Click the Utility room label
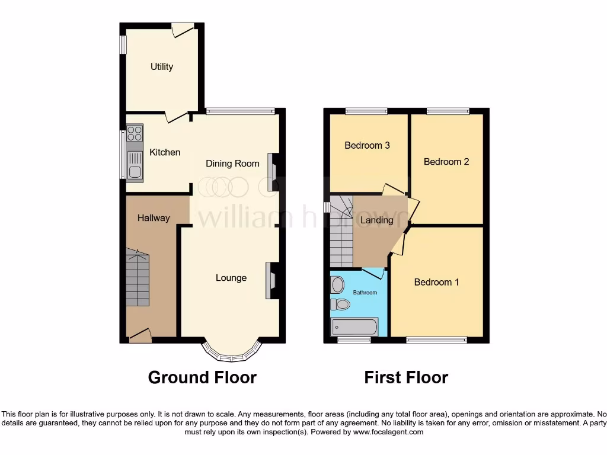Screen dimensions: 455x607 [x=161, y=66]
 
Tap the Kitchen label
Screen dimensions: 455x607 [x=164, y=152]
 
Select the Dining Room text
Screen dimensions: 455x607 [x=232, y=164]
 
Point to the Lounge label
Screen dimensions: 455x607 [x=231, y=278]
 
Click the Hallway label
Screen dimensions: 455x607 [x=154, y=218]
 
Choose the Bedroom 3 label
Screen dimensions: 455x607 [x=367, y=145]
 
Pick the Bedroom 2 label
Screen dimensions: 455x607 [x=446, y=162]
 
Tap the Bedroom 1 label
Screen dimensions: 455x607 [x=436, y=282]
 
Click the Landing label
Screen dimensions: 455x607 [x=377, y=220]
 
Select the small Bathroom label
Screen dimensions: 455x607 [x=365, y=293]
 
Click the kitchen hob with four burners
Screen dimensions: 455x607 [x=135, y=133]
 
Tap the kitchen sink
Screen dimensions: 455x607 [x=135, y=165]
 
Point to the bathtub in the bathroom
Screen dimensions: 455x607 [x=354, y=327]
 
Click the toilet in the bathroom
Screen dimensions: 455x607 [x=340, y=305]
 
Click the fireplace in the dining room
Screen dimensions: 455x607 [x=274, y=172]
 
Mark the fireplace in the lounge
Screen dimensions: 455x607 [x=273, y=280]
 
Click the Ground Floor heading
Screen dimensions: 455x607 [x=202, y=377]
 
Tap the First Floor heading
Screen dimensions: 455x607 [x=406, y=377]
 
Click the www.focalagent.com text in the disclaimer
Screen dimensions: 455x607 [x=388, y=432]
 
